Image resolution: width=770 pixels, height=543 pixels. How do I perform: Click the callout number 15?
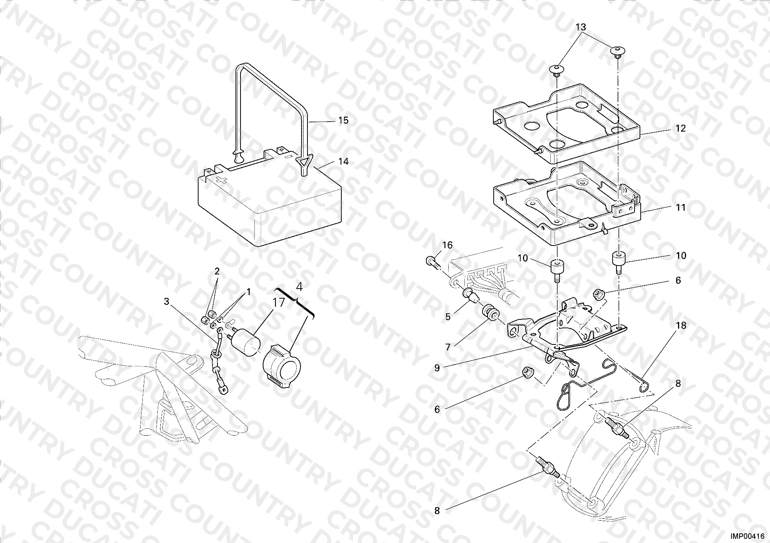click(343, 120)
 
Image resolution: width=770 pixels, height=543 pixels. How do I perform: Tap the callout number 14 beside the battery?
click(343, 162)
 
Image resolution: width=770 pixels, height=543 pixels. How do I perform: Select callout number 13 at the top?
click(581, 27)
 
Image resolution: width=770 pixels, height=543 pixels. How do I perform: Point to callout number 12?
click(681, 128)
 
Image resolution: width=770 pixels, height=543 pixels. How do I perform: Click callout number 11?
click(681, 208)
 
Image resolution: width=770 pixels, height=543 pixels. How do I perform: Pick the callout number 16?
click(448, 245)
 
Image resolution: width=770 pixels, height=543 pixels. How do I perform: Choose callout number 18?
click(681, 326)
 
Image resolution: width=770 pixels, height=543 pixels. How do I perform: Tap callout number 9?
click(437, 368)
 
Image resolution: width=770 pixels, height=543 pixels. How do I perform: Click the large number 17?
click(279, 303)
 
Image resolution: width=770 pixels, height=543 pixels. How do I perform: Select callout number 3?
click(166, 302)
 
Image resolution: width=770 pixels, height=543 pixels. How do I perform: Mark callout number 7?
click(448, 348)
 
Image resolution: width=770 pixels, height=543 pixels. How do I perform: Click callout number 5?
click(448, 317)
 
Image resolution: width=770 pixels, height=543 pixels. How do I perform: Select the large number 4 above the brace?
click(299, 287)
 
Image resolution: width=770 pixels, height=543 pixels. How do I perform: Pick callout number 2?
click(217, 271)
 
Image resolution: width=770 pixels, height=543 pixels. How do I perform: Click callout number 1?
click(249, 292)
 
